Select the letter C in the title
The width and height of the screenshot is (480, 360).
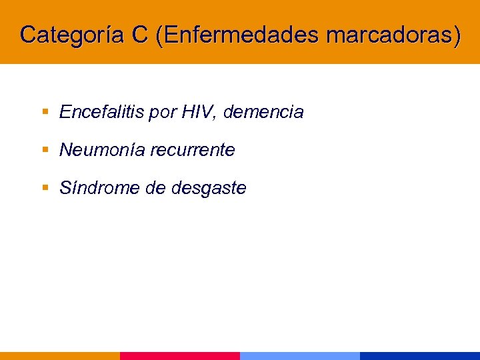point(140,35)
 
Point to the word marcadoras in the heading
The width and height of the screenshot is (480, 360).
point(393,35)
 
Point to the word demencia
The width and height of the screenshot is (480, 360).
point(263,113)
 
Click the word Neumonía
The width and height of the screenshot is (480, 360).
point(102,151)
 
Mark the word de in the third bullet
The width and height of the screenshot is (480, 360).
point(155,189)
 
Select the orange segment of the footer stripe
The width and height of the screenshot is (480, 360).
point(60,356)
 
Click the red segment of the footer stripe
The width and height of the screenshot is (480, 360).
point(180,356)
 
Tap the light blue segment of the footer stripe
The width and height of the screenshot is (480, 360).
point(300,356)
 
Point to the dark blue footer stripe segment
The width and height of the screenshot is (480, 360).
point(420,356)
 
